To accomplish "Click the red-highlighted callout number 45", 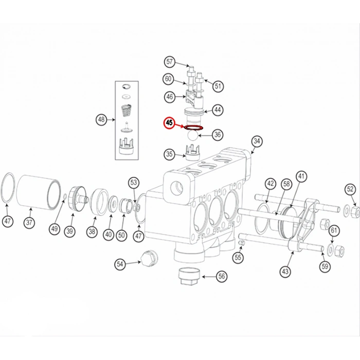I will pyautogui.click(x=169, y=123).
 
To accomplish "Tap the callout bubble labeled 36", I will pyautogui.click(x=218, y=135).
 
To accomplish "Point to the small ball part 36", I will pyautogui.click(x=192, y=135).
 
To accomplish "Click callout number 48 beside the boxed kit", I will pyautogui.click(x=101, y=120).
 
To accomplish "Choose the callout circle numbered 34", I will pyautogui.click(x=257, y=141).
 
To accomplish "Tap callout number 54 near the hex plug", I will pyautogui.click(x=120, y=264).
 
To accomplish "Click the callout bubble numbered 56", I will pyautogui.click(x=222, y=276).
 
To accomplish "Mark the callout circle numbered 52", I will pyautogui.click(x=350, y=189).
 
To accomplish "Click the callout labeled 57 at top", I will pyautogui.click(x=170, y=62).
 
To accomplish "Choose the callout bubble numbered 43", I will pyautogui.click(x=285, y=271).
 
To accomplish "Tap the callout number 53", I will pyautogui.click(x=134, y=182).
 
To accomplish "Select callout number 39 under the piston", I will pyautogui.click(x=69, y=231).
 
